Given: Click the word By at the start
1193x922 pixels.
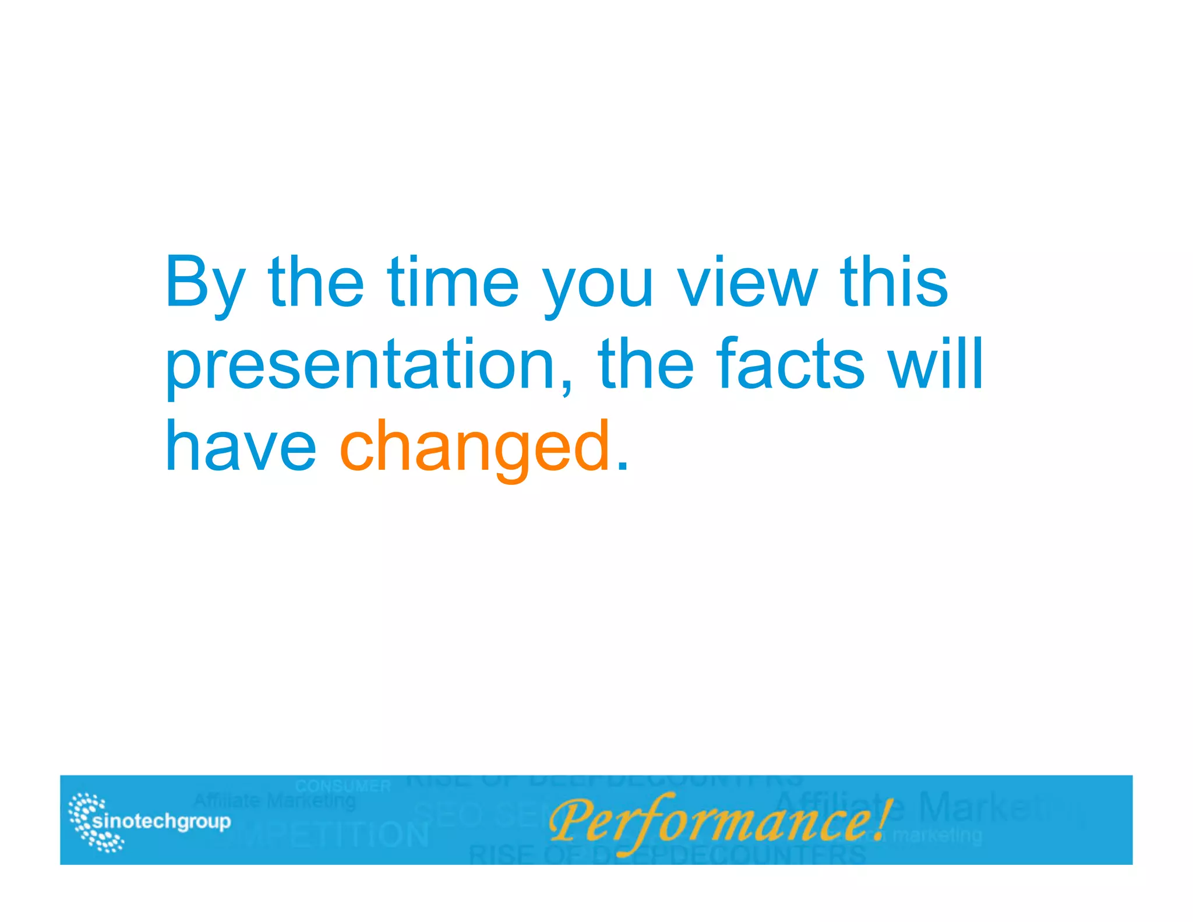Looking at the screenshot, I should tap(204, 284).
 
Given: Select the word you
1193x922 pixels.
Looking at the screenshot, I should tap(598, 288).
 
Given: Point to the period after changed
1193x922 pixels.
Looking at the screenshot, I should tap(623, 467).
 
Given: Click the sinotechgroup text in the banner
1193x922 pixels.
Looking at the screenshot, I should tap(162, 822).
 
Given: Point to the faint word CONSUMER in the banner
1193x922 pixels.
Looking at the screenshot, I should tap(343, 786).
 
